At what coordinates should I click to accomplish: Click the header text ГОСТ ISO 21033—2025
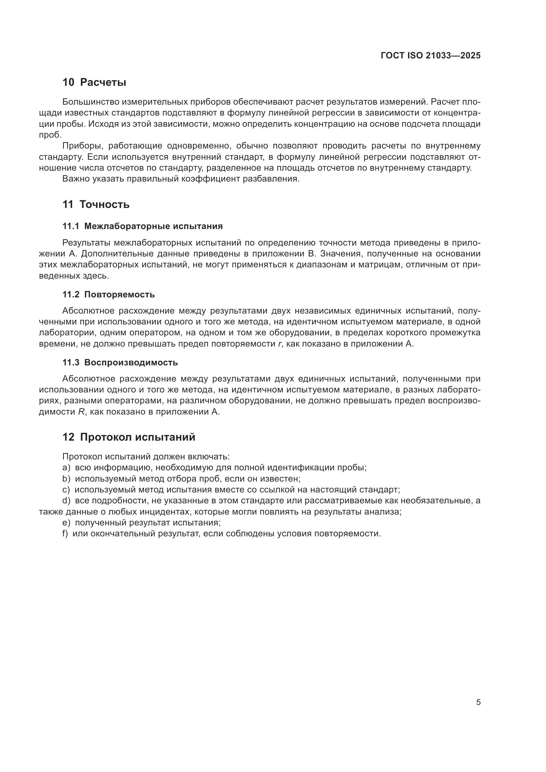click(430, 55)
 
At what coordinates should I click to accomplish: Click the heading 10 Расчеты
click(94, 83)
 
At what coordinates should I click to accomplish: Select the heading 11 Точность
click(96, 204)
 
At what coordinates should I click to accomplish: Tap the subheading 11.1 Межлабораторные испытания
click(143, 226)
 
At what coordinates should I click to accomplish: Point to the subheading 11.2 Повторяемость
click(109, 294)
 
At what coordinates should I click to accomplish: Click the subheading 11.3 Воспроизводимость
click(120, 362)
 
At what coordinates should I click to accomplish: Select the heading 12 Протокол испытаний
click(129, 437)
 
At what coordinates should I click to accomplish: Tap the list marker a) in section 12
click(66, 468)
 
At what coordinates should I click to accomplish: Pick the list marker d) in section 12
click(66, 501)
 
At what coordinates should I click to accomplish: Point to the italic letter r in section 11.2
click(280, 344)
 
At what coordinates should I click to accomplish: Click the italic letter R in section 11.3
click(81, 412)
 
